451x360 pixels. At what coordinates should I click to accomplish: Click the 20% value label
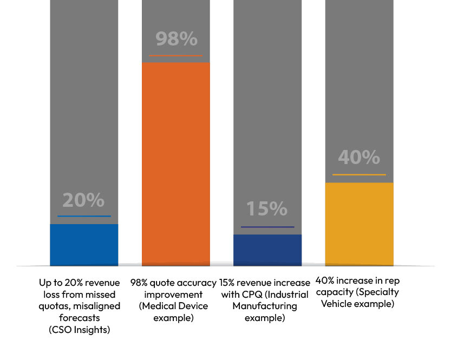coord(83,200)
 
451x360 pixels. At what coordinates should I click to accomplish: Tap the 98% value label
coord(176,39)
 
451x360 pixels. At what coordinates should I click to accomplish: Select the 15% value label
coord(267,209)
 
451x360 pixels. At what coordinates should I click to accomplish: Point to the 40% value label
coord(359,158)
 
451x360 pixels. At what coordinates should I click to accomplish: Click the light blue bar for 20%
coord(84,245)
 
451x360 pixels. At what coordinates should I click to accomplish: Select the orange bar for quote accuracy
coord(176,162)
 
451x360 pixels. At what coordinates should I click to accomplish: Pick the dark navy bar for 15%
coord(267,250)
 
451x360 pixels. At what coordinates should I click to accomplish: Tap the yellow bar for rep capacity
coord(359,224)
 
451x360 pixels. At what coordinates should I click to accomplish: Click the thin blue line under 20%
coord(84,216)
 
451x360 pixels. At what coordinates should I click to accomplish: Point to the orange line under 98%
coord(176,55)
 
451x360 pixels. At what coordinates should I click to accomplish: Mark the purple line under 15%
coord(267,227)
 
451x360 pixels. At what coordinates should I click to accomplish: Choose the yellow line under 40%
coord(359,175)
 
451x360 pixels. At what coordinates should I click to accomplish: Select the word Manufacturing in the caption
coord(265,306)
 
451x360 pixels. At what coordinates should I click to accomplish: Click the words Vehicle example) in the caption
coord(357,304)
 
